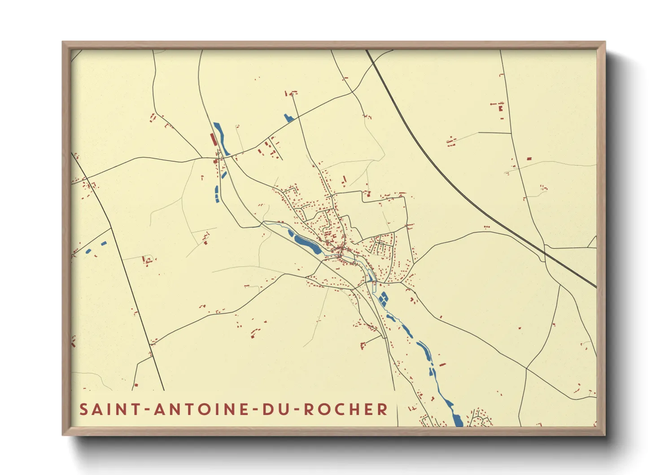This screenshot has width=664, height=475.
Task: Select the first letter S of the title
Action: coord(83,409)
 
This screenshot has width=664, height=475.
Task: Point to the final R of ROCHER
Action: coord(383,409)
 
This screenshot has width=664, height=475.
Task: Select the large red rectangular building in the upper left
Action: coord(213,139)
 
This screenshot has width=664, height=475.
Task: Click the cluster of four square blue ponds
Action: coord(383,299)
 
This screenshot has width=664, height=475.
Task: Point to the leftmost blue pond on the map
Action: coord(88,251)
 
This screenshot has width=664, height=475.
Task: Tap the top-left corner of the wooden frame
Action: coord(63,43)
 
